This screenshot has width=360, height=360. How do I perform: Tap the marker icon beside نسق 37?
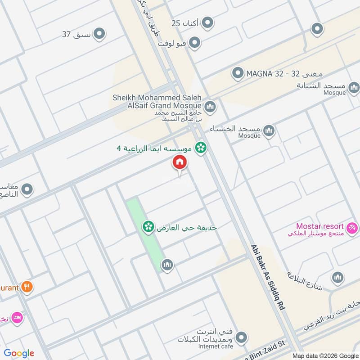point(99,34)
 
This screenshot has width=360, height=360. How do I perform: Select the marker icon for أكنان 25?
point(207,22)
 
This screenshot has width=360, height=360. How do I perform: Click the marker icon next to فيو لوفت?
point(194,43)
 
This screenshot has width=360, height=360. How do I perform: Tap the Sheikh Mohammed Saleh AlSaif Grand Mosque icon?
point(210,107)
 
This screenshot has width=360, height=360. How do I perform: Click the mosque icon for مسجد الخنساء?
point(269,131)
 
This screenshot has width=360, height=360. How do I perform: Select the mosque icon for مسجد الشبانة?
point(353,86)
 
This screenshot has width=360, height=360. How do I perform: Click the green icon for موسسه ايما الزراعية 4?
point(201,147)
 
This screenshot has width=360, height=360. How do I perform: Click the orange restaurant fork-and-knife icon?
point(27,286)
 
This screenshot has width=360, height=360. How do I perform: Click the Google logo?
point(19,353)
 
